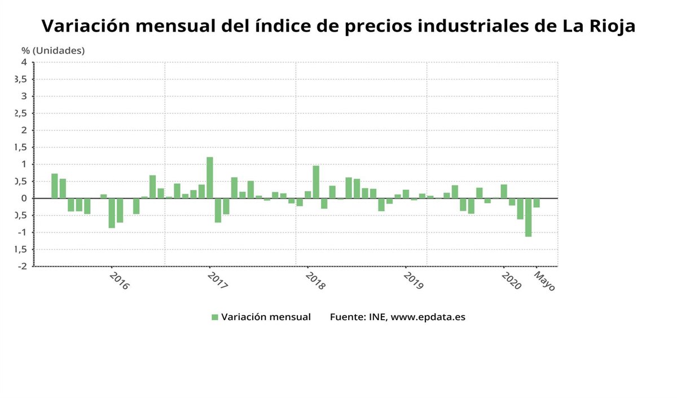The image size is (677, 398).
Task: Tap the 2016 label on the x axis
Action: [x=120, y=281]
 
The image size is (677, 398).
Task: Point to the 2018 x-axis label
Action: [x=315, y=281]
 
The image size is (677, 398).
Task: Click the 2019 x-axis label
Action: [x=414, y=281]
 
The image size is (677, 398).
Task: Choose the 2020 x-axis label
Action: [x=512, y=281]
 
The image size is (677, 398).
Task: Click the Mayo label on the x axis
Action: [x=545, y=281]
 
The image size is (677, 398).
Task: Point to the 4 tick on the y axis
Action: [x=24, y=62]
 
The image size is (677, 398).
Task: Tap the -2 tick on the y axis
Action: [x=23, y=266]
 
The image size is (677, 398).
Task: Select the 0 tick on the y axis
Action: [x=24, y=198]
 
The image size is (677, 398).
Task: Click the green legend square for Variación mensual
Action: [x=214, y=317]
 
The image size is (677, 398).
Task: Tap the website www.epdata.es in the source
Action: [x=428, y=317]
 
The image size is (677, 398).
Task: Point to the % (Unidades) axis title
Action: [x=53, y=50]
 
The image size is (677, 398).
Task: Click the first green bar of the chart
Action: [x=55, y=186]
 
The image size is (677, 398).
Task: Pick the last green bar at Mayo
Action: [x=537, y=203]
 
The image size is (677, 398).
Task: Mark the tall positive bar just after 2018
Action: [x=316, y=182]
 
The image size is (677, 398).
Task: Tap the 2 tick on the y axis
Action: [x=24, y=130]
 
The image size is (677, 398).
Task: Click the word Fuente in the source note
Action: [x=347, y=317]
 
